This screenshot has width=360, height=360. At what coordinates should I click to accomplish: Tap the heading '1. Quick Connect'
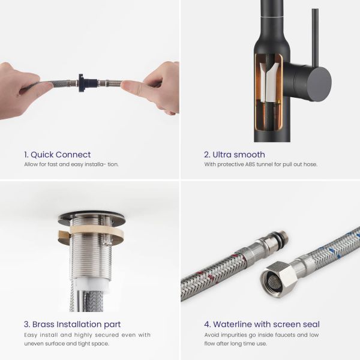(x=58, y=155)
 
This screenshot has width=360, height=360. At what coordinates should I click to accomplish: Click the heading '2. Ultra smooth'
(x=235, y=155)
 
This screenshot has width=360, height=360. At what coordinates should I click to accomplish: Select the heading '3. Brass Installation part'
(x=73, y=325)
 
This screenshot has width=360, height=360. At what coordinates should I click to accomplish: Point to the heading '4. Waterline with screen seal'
(x=262, y=325)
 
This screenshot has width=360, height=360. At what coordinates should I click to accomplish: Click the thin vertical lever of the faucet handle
(x=315, y=38)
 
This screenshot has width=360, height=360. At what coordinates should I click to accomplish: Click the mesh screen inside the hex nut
(x=271, y=280)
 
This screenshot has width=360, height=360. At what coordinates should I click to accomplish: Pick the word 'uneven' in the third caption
(x=31, y=344)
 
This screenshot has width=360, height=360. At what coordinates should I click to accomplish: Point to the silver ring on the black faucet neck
(x=272, y=17)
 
